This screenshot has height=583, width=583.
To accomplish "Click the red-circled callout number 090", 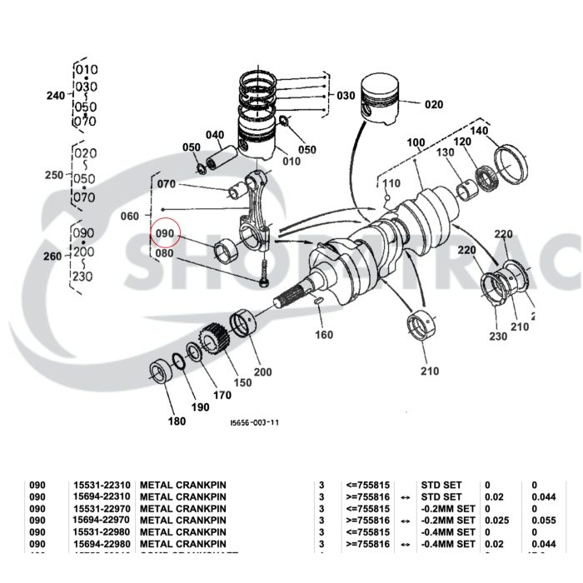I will pyautogui.click(x=164, y=235).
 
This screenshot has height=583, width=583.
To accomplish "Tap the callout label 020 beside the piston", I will pyautogui.click(x=434, y=105).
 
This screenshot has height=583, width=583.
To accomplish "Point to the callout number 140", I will pyautogui.click(x=480, y=132).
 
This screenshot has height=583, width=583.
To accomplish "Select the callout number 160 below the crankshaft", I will pyautogui.click(x=323, y=335).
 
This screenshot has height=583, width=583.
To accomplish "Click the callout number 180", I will pyautogui.click(x=177, y=421).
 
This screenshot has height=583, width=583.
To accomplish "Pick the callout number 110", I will pyautogui.click(x=391, y=183).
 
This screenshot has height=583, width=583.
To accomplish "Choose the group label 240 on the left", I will pyautogui.click(x=55, y=97).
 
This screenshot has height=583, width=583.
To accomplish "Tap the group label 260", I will pyautogui.click(x=53, y=257).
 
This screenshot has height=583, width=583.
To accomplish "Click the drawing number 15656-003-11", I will pyautogui.click(x=254, y=422).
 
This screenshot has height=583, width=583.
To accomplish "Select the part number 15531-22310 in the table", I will pyautogui.click(x=102, y=484).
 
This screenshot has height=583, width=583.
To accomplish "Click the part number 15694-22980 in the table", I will pyautogui.click(x=102, y=543).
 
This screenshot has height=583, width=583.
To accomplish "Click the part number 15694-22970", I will pyautogui.click(x=102, y=520).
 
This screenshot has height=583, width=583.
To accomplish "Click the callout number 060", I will pyautogui.click(x=130, y=217).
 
